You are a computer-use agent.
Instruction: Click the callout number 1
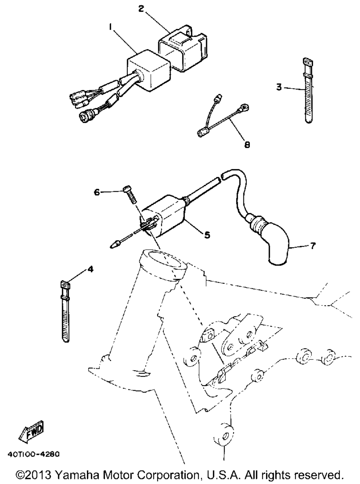coord(111,27)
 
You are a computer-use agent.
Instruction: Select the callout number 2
coord(141,9)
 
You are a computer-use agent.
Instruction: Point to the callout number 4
coord(90,269)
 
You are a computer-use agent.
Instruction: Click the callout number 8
coord(247,144)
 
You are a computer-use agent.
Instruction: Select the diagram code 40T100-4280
coord(33,453)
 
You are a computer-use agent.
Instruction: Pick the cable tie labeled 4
coord(65,310)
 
